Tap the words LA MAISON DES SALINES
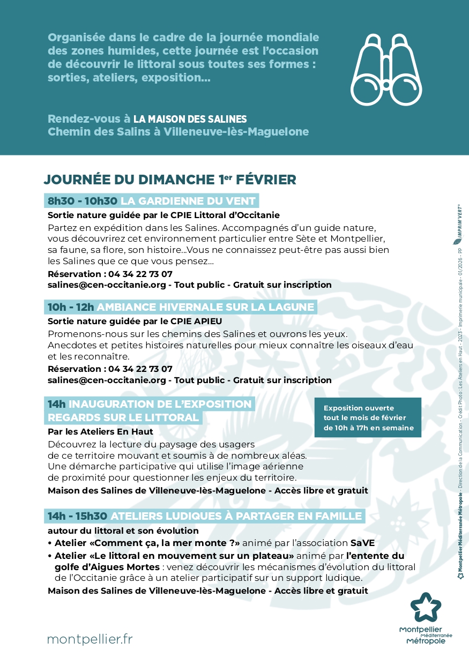[x=190, y=119]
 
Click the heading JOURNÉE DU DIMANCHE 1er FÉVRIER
[x=170, y=179]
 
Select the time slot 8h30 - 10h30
[x=82, y=201]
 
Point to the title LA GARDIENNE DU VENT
[x=188, y=201]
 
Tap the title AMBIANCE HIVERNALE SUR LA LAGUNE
[x=206, y=307]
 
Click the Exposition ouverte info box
[x=368, y=418]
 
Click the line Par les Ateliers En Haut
[x=100, y=431]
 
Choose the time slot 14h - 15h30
[x=77, y=516]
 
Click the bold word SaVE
[x=362, y=542]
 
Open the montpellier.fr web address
[x=90, y=639]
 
